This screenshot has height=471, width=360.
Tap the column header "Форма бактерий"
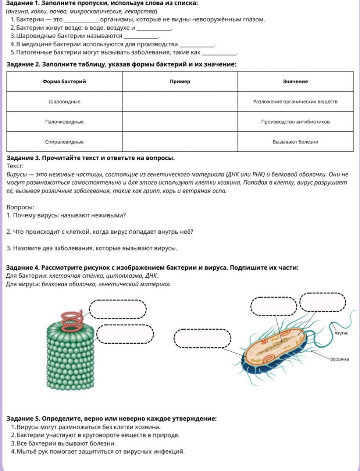click(x=64, y=81)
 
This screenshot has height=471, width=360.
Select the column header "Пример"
click(x=180, y=81)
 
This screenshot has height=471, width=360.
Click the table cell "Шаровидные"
click(x=64, y=102)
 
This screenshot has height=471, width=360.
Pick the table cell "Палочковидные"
click(x=64, y=122)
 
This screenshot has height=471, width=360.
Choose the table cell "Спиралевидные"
click(x=64, y=142)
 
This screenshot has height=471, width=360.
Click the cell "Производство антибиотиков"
click(x=295, y=122)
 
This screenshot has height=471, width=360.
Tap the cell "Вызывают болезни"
click(x=295, y=142)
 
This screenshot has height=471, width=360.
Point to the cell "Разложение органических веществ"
click(x=295, y=102)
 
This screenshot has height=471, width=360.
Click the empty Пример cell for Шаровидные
click(x=180, y=102)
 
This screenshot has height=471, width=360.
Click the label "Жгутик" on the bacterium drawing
click(x=341, y=333)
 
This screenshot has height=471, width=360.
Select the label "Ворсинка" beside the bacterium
click(x=339, y=359)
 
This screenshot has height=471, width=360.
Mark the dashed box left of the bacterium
click(x=202, y=338)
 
